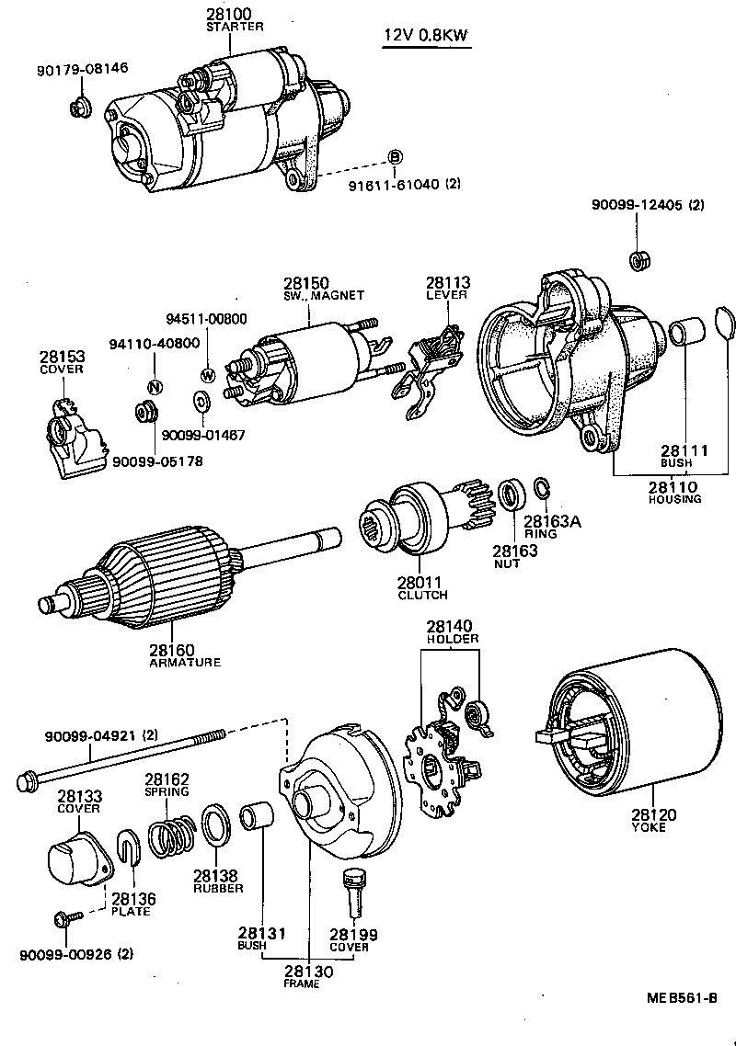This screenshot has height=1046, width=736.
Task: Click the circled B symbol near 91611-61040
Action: tap(394, 157)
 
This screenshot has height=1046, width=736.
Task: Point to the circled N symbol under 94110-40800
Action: tap(155, 385)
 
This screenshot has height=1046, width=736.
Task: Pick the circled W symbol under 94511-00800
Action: tap(207, 374)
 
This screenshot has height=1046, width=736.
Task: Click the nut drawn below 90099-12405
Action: tap(636, 259)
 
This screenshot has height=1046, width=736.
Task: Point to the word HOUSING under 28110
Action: tap(673, 499)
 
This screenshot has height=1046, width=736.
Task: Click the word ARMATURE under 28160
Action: tap(184, 662)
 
